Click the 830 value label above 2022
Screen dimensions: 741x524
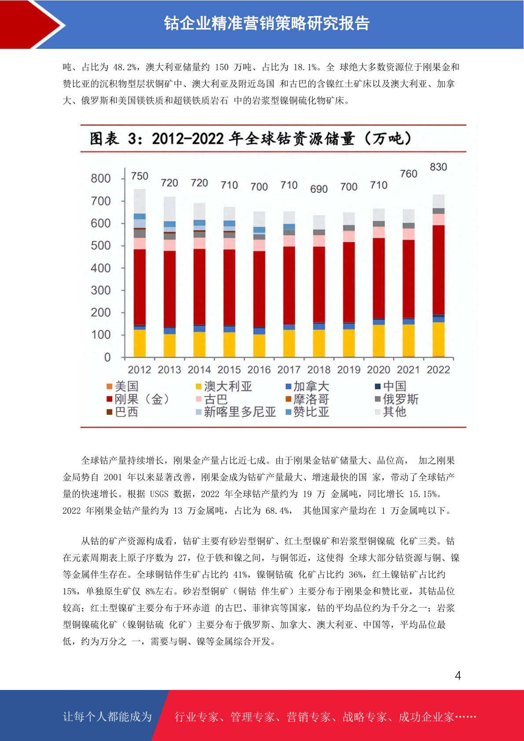[438, 167]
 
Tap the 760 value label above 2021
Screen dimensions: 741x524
[408, 174]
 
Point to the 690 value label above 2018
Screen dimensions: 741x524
[319, 189]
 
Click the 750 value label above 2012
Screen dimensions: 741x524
[139, 176]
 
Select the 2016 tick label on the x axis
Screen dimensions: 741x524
[259, 370]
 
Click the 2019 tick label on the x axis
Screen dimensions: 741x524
[349, 370]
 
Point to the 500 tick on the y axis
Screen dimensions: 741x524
[101, 246]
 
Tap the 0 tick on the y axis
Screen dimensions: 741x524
[107, 357]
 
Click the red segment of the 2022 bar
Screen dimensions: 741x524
[438, 269]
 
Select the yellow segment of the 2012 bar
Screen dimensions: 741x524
[139, 343]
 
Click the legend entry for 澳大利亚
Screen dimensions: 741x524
[224, 386]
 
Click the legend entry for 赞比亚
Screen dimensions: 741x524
[308, 412]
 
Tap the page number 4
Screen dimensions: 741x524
[458, 675]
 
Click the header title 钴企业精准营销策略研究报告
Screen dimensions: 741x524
[267, 23]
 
